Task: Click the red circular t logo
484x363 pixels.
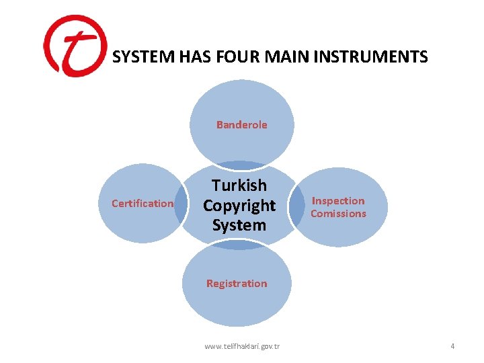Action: (74, 46)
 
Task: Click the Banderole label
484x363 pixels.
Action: (241, 124)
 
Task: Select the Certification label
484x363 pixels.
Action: (143, 203)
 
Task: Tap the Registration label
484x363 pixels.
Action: (237, 283)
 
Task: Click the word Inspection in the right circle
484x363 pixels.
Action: (338, 200)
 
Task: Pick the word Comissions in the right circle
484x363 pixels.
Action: (338, 214)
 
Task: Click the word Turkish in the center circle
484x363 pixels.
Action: (239, 185)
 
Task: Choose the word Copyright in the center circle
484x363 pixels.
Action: (239, 205)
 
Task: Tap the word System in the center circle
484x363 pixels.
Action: (239, 225)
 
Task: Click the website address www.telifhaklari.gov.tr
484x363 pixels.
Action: (242, 346)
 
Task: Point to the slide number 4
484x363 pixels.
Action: (452, 346)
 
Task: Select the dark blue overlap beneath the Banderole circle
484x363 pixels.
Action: (241, 165)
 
